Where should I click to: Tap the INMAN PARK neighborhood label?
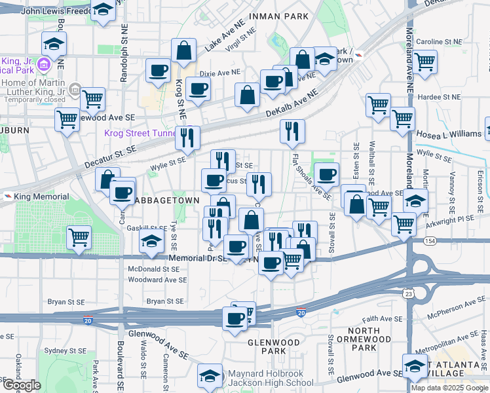[278, 16]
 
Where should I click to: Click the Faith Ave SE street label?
[384, 318]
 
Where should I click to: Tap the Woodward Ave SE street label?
[157, 280]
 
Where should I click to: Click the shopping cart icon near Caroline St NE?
[425, 62]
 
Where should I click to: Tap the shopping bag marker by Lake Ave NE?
[183, 50]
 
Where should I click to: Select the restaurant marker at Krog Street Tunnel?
[187, 138]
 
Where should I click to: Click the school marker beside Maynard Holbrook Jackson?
[210, 375]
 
